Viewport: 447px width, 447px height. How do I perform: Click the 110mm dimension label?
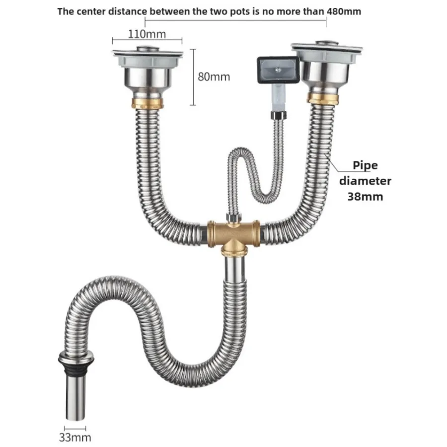[147, 34]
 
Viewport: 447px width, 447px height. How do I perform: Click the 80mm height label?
[214, 76]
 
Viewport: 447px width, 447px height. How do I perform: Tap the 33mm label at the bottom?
[75, 437]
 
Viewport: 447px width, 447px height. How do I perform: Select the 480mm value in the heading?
[344, 11]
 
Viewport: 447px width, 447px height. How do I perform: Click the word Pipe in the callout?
[365, 165]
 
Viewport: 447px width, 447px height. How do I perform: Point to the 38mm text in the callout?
[365, 196]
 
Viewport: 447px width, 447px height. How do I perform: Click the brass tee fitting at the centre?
[234, 234]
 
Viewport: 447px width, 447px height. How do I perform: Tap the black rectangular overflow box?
[279, 70]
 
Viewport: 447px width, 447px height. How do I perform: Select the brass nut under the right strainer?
[323, 98]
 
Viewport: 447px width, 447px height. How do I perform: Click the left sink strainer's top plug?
[148, 49]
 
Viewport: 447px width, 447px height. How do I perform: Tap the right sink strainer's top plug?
[327, 43]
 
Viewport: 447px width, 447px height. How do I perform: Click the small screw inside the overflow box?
[276, 69]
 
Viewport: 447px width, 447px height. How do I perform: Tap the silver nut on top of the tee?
[234, 217]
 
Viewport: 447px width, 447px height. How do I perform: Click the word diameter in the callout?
[365, 181]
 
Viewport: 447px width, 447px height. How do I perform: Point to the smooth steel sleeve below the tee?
[234, 268]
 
